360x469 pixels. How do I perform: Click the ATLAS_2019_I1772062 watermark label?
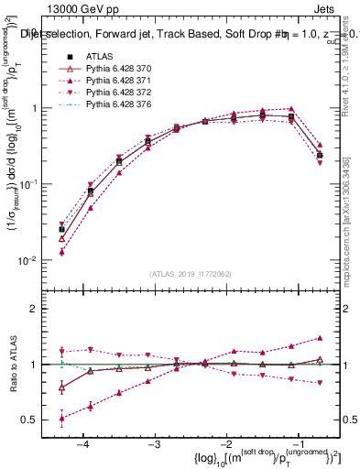190,273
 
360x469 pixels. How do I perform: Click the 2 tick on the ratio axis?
41,309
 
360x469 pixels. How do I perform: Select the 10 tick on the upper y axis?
37,33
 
